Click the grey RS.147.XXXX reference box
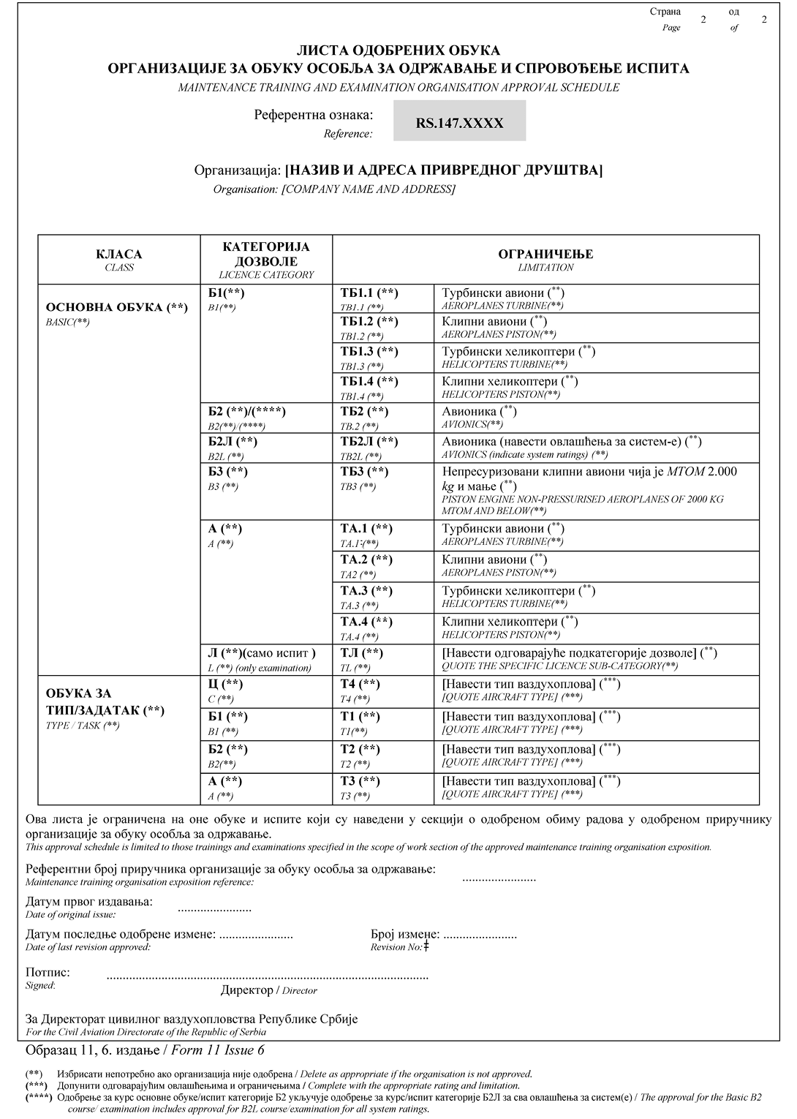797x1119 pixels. tap(459, 121)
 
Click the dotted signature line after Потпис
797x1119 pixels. tap(267, 976)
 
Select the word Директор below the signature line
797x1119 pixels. tap(246, 990)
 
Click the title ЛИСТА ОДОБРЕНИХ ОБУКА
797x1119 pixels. tap(398, 50)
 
